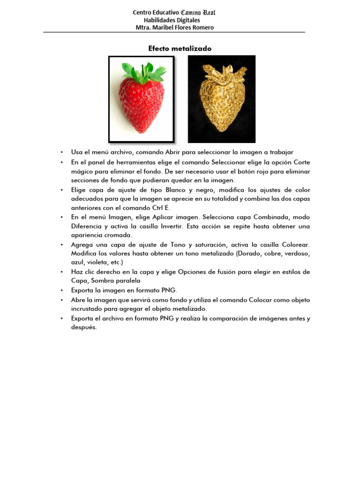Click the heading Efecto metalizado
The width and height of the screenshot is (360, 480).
click(180, 48)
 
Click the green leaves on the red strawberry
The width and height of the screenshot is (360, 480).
click(144, 71)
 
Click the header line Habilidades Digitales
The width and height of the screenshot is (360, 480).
click(172, 20)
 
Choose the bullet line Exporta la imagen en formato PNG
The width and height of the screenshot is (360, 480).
click(124, 291)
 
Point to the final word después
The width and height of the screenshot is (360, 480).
click(84, 328)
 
